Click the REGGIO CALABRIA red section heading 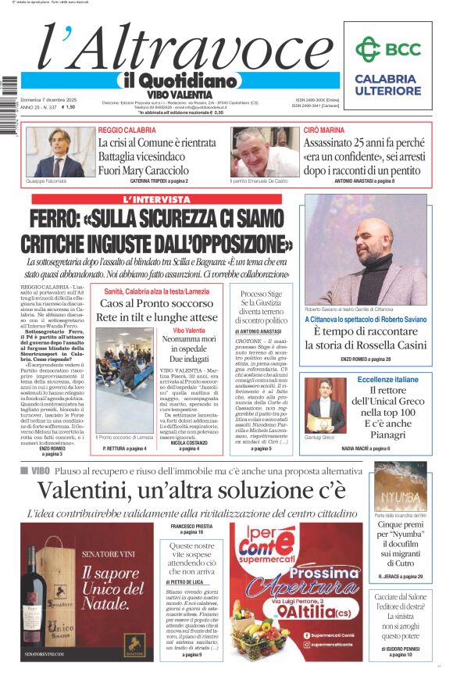click(x=127, y=130)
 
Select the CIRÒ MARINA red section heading click(x=323, y=130)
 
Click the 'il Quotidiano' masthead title click(x=179, y=80)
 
